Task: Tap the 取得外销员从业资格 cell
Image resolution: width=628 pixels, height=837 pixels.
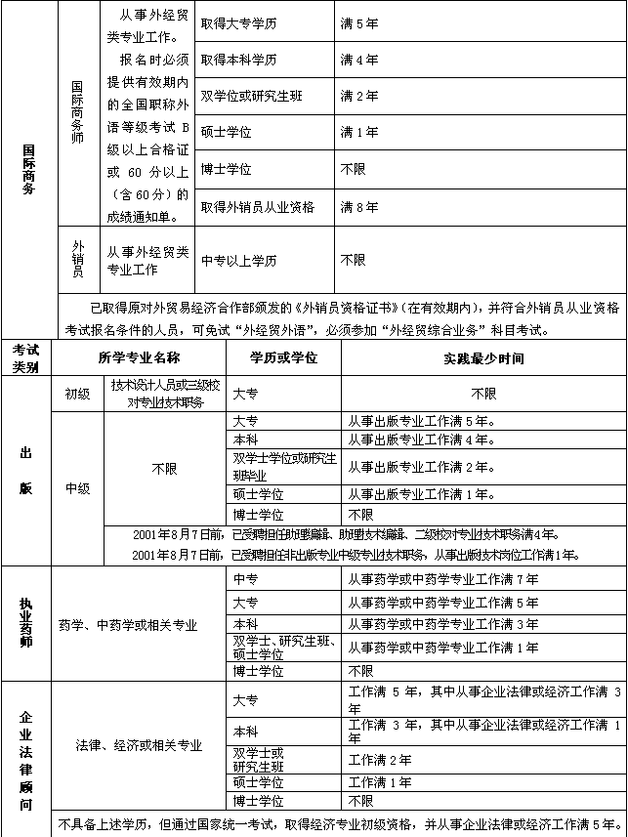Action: [258, 207]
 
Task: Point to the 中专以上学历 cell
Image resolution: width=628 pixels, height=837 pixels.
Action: [238, 261]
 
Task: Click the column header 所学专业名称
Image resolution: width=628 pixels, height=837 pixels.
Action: [140, 358]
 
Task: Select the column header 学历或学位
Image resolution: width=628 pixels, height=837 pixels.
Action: [283, 358]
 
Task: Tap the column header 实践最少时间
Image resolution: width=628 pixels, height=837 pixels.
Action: [483, 358]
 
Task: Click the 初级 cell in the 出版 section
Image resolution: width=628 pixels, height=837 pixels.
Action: [77, 394]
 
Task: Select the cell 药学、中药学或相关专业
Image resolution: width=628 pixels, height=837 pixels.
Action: [127, 624]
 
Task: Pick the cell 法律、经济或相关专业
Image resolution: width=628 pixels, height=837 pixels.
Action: [140, 745]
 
